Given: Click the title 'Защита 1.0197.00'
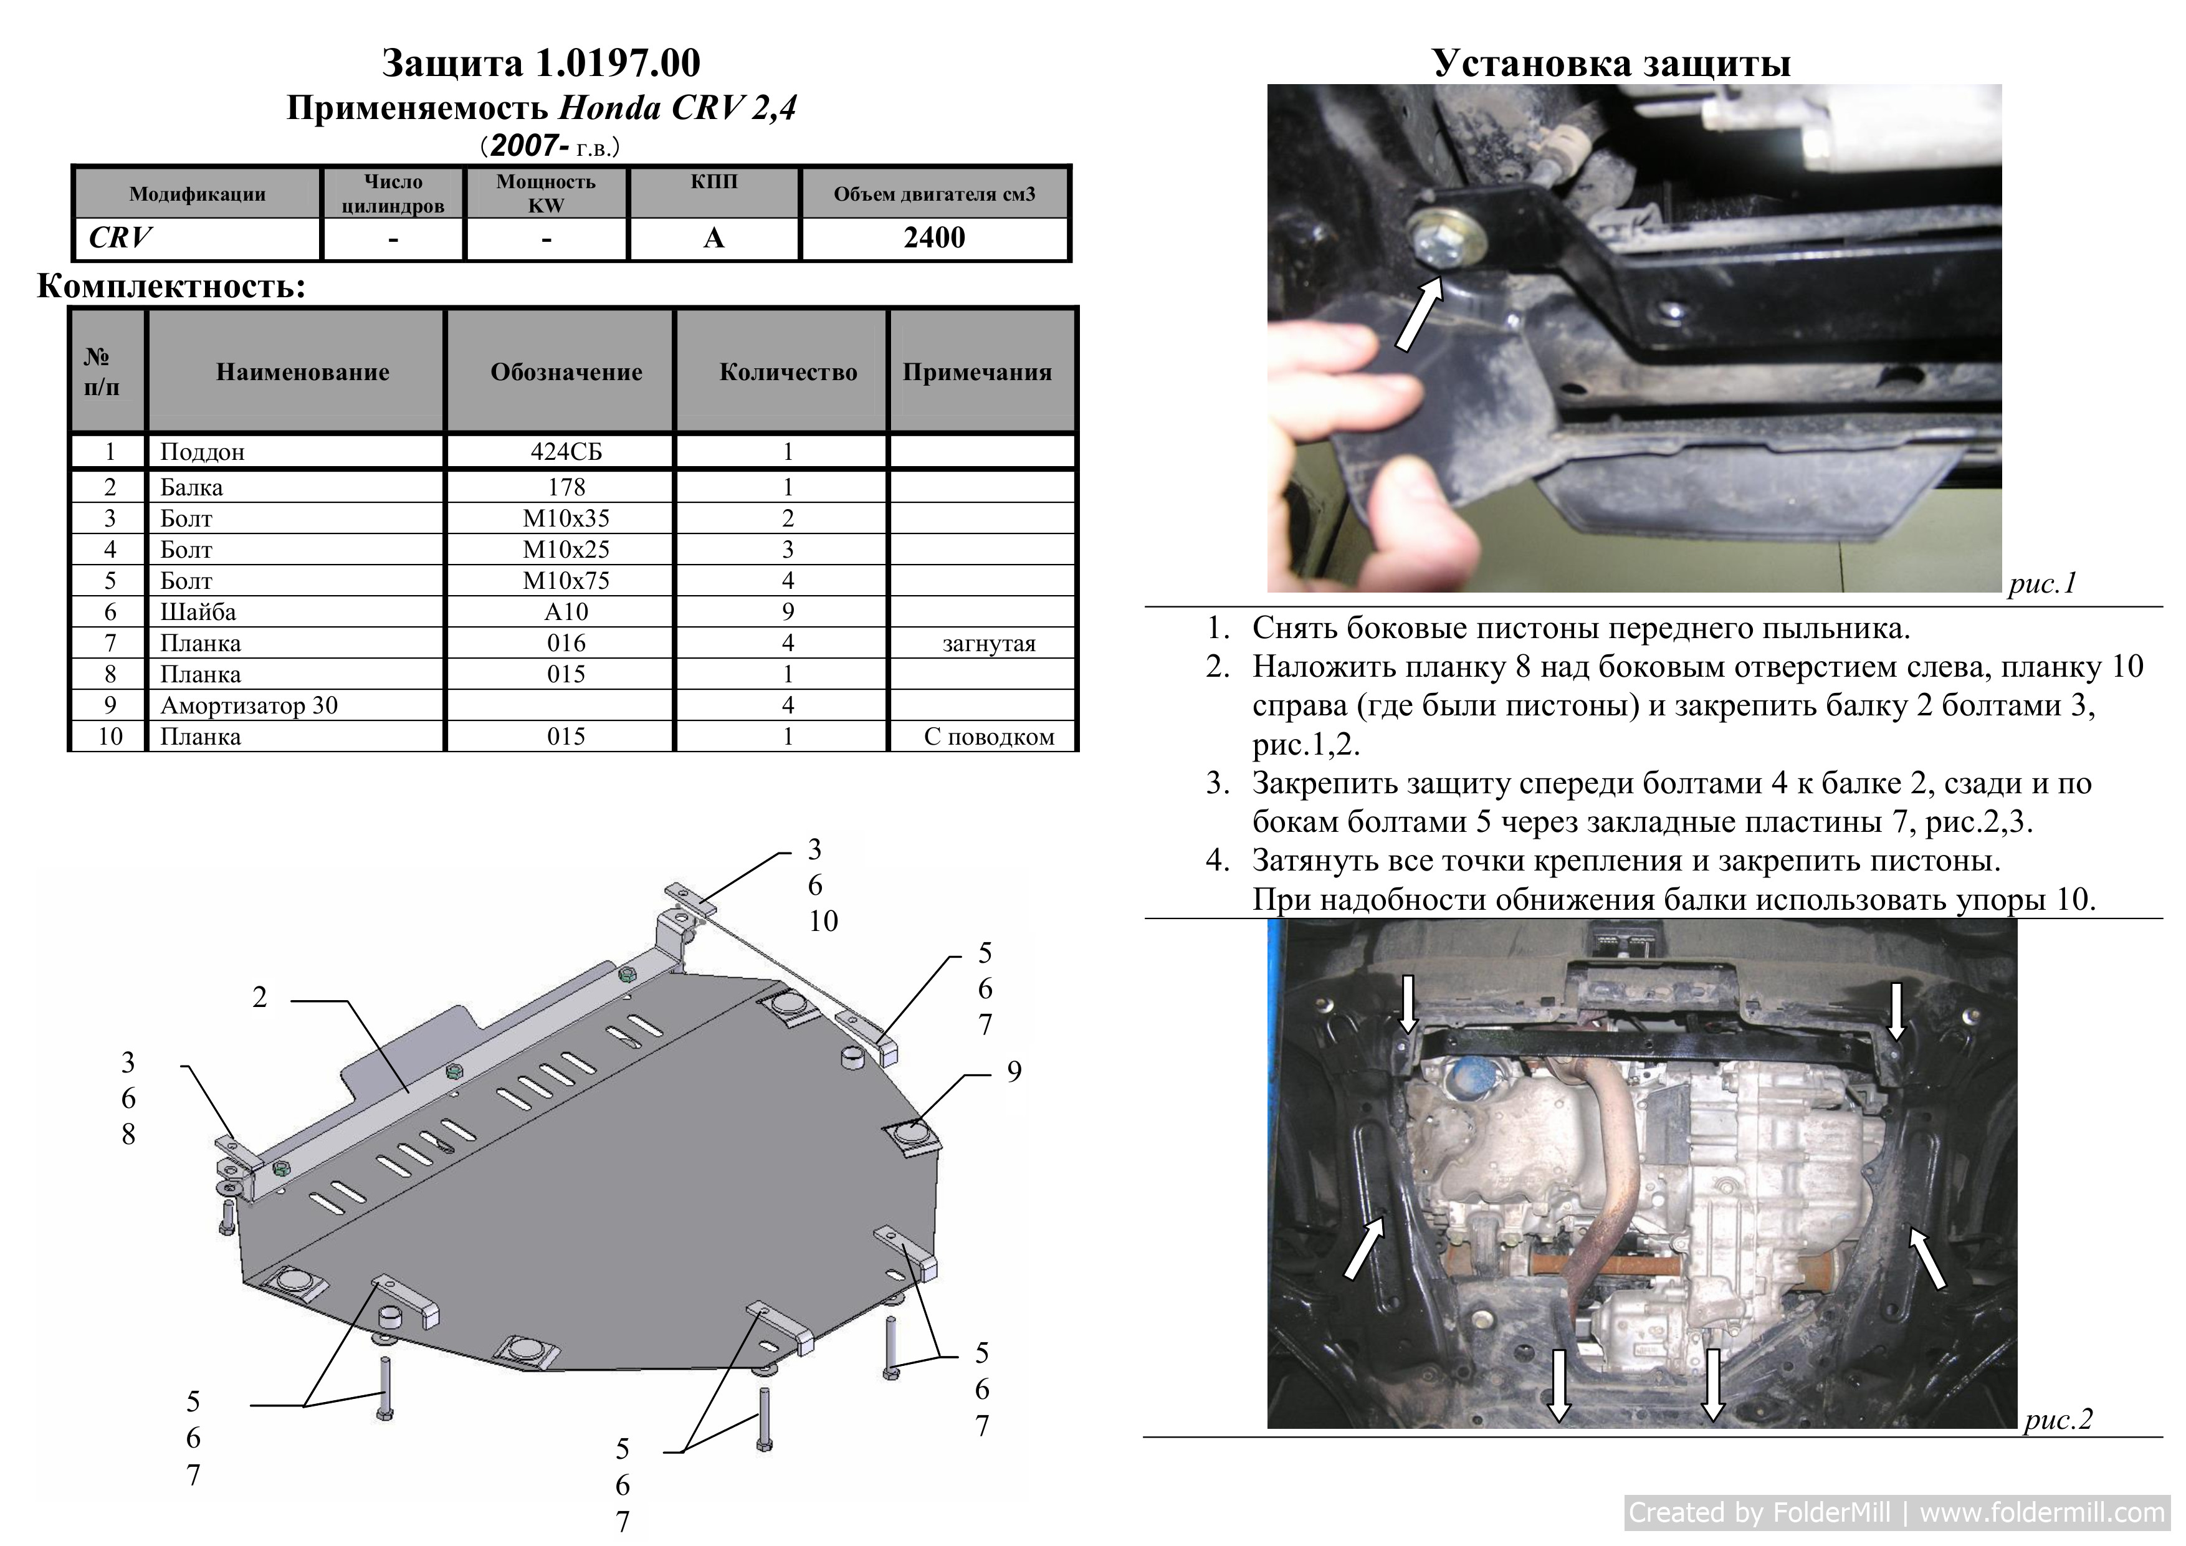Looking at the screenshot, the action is pos(541,63).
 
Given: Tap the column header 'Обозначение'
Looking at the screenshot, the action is pos(566,371).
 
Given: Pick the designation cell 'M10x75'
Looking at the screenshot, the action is pos(566,581).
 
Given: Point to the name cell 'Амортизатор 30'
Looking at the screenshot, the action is pos(249,705).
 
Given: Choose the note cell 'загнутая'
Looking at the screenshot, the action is pos(989,644).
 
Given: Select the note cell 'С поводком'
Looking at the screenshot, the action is pos(989,737).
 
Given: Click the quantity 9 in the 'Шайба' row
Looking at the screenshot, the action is pos(788,612).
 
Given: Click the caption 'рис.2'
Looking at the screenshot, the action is pos(2058,1420).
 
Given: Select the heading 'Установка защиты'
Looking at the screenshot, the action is pos(1611,63).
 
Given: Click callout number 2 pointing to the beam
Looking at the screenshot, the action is pos(259,998).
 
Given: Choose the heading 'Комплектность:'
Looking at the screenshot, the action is pos(171,285).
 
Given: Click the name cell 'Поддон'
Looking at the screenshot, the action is pos(202,452).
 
